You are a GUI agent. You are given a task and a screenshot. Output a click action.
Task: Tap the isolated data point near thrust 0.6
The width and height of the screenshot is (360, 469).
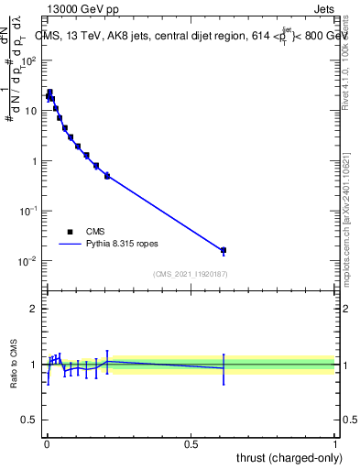(x=224, y=250)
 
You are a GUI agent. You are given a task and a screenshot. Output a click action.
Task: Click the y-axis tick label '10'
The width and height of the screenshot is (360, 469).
(x=32, y=111)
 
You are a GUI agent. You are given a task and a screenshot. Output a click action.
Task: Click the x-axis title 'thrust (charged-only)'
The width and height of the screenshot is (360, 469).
(x=287, y=458)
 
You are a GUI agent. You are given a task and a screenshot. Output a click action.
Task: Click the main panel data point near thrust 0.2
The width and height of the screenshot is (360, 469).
(x=107, y=176)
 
